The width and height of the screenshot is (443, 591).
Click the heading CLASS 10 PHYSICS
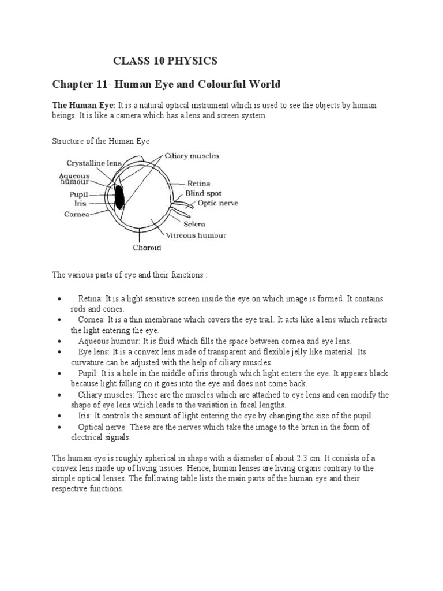[165, 61]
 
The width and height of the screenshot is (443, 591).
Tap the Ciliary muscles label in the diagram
[192, 156]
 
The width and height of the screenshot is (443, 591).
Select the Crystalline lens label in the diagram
[94, 163]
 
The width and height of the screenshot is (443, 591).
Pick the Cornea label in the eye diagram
[76, 214]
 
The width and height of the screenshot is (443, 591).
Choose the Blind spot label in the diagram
[203, 194]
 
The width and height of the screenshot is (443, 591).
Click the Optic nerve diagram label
[217, 203]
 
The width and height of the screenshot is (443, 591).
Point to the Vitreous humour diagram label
[196, 235]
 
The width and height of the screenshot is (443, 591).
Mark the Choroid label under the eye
[147, 248]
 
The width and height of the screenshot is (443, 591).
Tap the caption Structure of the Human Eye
[101, 140]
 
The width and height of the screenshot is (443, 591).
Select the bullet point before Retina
[61, 299]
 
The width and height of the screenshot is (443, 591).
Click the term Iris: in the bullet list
[85, 416]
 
